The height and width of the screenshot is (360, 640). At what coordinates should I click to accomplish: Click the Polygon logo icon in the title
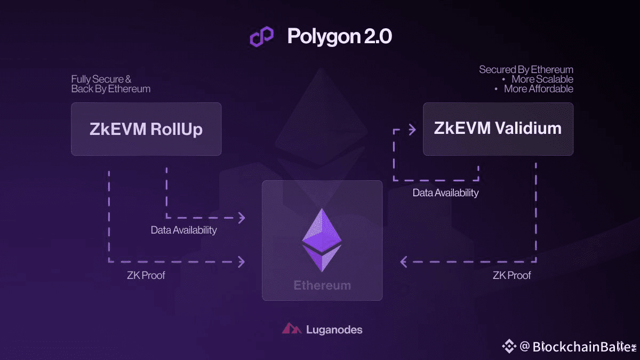(x=261, y=36)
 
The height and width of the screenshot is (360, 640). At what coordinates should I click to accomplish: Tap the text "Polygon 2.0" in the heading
(x=340, y=36)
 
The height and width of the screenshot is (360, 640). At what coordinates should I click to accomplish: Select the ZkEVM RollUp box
(x=146, y=129)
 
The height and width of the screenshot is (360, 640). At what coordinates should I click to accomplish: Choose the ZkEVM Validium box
(x=498, y=129)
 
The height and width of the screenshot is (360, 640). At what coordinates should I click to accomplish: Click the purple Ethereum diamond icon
(x=322, y=239)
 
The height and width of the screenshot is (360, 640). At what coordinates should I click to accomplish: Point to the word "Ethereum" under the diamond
(x=322, y=285)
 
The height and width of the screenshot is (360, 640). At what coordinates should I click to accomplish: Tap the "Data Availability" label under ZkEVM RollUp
(x=183, y=230)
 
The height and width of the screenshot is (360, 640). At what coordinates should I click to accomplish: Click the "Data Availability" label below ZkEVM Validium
(x=445, y=193)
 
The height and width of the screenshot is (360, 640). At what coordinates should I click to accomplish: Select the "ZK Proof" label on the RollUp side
(x=146, y=276)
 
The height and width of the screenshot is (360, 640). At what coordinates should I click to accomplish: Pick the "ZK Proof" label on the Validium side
(x=511, y=276)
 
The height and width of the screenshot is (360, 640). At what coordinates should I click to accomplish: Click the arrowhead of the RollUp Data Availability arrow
(x=242, y=218)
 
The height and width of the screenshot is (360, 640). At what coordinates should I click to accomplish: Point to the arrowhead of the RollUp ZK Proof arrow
(x=242, y=261)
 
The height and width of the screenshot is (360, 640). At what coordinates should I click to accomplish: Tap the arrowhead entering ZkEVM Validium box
(x=412, y=129)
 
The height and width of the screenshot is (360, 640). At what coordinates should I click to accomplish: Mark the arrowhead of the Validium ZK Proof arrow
(x=404, y=261)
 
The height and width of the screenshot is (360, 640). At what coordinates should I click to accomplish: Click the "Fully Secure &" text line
(x=101, y=79)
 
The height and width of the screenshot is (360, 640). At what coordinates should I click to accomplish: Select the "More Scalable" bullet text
(x=542, y=79)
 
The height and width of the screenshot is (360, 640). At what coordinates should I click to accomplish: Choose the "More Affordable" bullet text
(x=538, y=89)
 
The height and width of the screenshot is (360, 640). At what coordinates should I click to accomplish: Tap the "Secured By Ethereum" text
(x=526, y=70)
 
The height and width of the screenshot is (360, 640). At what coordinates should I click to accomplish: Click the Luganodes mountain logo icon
(x=292, y=329)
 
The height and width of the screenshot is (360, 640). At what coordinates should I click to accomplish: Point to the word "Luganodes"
(x=334, y=330)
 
